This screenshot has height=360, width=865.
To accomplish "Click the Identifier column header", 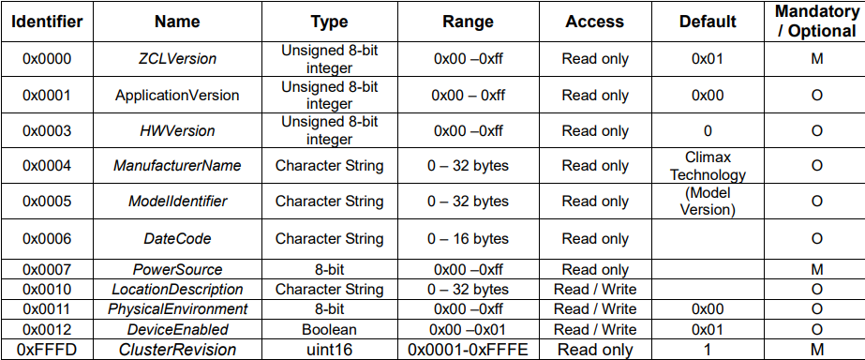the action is [47, 22].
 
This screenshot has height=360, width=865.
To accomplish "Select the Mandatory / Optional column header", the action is [817, 22].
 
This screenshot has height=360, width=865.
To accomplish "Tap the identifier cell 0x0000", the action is [47, 58].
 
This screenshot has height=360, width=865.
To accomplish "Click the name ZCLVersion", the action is [176, 58].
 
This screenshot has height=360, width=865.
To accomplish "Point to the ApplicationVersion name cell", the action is [176, 95].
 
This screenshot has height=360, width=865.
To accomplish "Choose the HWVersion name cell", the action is [176, 131].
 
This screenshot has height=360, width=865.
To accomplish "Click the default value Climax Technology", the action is [708, 166].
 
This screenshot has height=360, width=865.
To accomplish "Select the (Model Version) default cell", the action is [708, 202].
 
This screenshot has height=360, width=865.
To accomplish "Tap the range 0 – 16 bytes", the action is [468, 238].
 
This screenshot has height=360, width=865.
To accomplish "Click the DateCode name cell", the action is [176, 238].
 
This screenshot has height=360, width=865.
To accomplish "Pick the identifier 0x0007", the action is [47, 269].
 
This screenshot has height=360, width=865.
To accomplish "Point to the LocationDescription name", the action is [176, 289].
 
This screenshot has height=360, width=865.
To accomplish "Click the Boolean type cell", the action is [329, 330].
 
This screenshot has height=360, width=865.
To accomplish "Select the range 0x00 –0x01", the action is [468, 330].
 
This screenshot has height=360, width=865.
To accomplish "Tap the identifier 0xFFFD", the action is [47, 350].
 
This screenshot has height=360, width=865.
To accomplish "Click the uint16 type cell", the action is [329, 350].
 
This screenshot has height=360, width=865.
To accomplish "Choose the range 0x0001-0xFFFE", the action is [468, 350].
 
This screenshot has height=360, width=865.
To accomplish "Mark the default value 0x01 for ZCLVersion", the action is [708, 58].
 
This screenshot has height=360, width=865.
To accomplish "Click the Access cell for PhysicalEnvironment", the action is [595, 309].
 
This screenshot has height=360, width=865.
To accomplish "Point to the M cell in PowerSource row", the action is [817, 269].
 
